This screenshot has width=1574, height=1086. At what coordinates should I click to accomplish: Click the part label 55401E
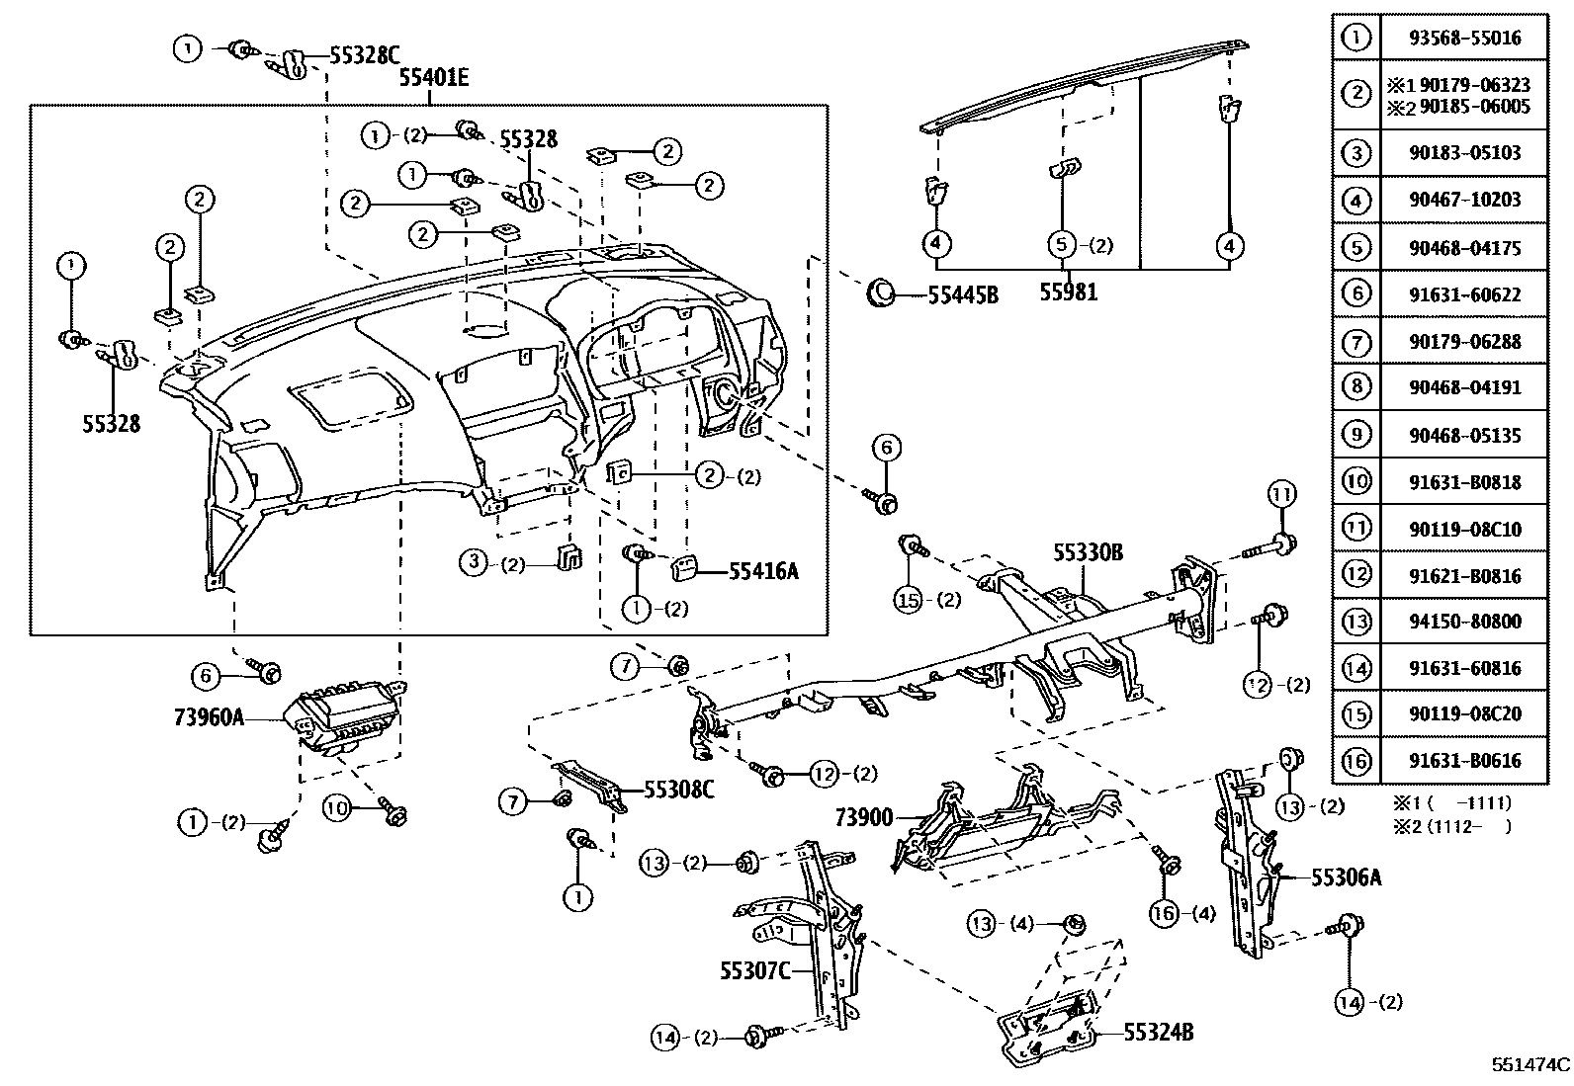(434, 78)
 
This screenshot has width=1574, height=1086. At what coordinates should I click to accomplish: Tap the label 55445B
(962, 294)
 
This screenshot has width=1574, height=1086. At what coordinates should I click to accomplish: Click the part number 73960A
(209, 717)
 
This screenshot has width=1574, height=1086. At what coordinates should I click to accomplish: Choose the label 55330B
(1087, 553)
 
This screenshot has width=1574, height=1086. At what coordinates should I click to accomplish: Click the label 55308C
(678, 790)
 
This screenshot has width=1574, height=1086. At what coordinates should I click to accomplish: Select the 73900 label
(863, 817)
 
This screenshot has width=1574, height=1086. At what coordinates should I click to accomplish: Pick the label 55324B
(1158, 1033)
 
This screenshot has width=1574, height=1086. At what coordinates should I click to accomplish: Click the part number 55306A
(1347, 876)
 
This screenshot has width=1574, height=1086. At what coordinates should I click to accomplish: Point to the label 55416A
(762, 570)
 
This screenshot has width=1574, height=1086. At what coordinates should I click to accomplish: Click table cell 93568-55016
(1464, 39)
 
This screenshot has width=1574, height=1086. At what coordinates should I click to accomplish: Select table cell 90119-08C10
(1464, 530)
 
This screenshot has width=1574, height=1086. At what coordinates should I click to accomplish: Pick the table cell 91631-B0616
(1464, 761)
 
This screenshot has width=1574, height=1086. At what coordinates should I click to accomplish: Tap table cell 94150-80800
(1464, 622)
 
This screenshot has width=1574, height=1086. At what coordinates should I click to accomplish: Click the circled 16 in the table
(1356, 761)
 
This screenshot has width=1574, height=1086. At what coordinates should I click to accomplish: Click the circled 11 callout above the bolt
(1281, 494)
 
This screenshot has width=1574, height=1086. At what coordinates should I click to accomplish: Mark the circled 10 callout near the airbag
(338, 808)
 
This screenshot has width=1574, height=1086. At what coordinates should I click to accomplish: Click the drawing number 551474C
(1530, 1065)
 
